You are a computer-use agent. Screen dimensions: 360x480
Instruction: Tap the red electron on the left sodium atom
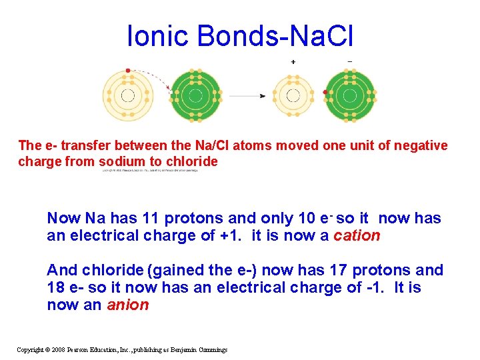pyautogui.click(x=127, y=70)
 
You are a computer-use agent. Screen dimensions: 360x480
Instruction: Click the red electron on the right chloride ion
pyautogui.click(x=325, y=92)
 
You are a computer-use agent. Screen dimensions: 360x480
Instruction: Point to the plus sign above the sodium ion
pyautogui.click(x=293, y=62)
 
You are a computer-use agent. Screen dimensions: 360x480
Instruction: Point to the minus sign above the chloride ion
pyautogui.click(x=350, y=62)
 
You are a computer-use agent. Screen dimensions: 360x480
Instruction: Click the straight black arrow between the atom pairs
pyautogui.click(x=247, y=96)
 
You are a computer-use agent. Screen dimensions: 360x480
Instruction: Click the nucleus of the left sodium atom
pyautogui.click(x=127, y=95)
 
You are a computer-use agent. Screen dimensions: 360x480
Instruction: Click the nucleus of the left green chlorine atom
pyautogui.click(x=195, y=95)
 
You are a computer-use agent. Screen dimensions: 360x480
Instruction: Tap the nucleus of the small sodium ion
pyautogui.click(x=293, y=95)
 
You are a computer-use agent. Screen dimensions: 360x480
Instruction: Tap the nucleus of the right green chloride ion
pyautogui.click(x=350, y=95)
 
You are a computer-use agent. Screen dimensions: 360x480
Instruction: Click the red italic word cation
pyautogui.click(x=357, y=235)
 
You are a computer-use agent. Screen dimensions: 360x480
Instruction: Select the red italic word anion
pyautogui.click(x=128, y=305)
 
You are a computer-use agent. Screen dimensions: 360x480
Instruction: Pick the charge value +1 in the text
pyautogui.click(x=227, y=235)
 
